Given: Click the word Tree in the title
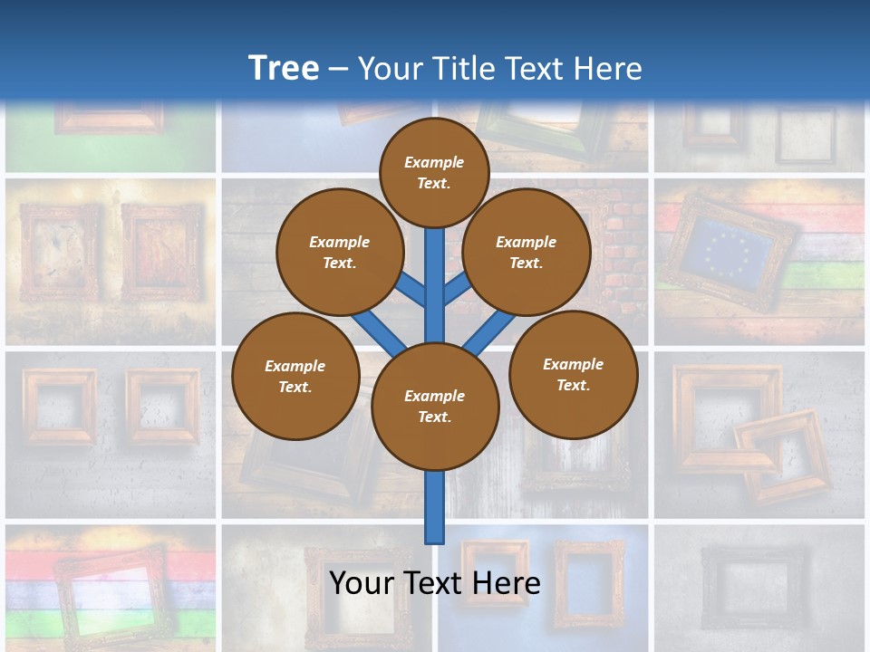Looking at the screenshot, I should (284, 68).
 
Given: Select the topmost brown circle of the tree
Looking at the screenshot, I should (434, 172).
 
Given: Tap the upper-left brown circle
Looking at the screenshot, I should (340, 252).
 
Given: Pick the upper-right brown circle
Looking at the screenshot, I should (527, 252).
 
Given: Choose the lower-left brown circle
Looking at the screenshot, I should (295, 376).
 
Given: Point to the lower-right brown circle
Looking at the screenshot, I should (574, 374).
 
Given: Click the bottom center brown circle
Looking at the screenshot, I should (435, 407).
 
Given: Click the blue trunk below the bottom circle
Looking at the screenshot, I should (435, 507).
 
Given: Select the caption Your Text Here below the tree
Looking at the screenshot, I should (435, 582).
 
